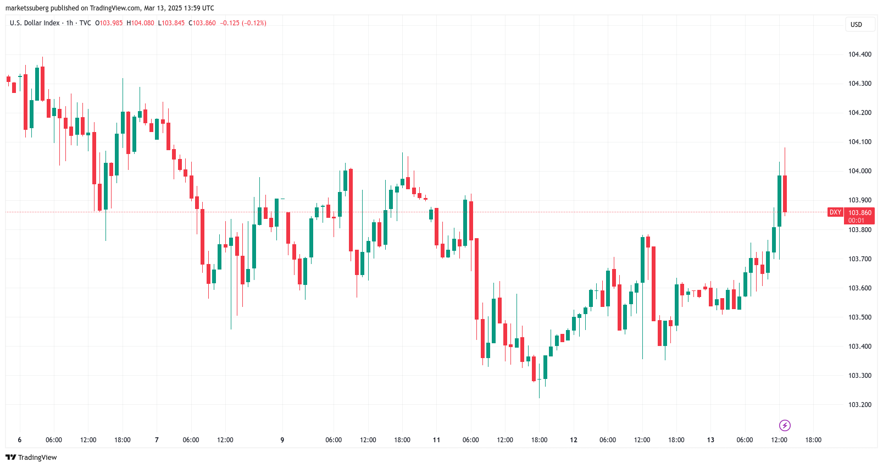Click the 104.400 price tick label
pos(859,54)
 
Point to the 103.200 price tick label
pos(859,405)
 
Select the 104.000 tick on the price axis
pos(859,171)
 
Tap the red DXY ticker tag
pos(835,212)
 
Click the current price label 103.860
pos(859,213)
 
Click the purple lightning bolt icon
pos(785,425)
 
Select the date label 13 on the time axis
pos(710,440)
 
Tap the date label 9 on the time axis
pos(282,440)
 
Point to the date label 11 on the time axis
pos(436,440)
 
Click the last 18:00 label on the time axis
pos(813,440)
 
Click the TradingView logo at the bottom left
pos(31,458)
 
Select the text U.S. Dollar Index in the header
pos(35,23)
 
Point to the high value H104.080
pos(141,23)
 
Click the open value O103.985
pos(109,23)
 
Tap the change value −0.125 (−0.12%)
pos(243,23)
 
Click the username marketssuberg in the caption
pos(27,8)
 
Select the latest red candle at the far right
pos(785,194)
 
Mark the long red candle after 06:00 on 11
pos(476,278)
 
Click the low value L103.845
pos(171,23)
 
